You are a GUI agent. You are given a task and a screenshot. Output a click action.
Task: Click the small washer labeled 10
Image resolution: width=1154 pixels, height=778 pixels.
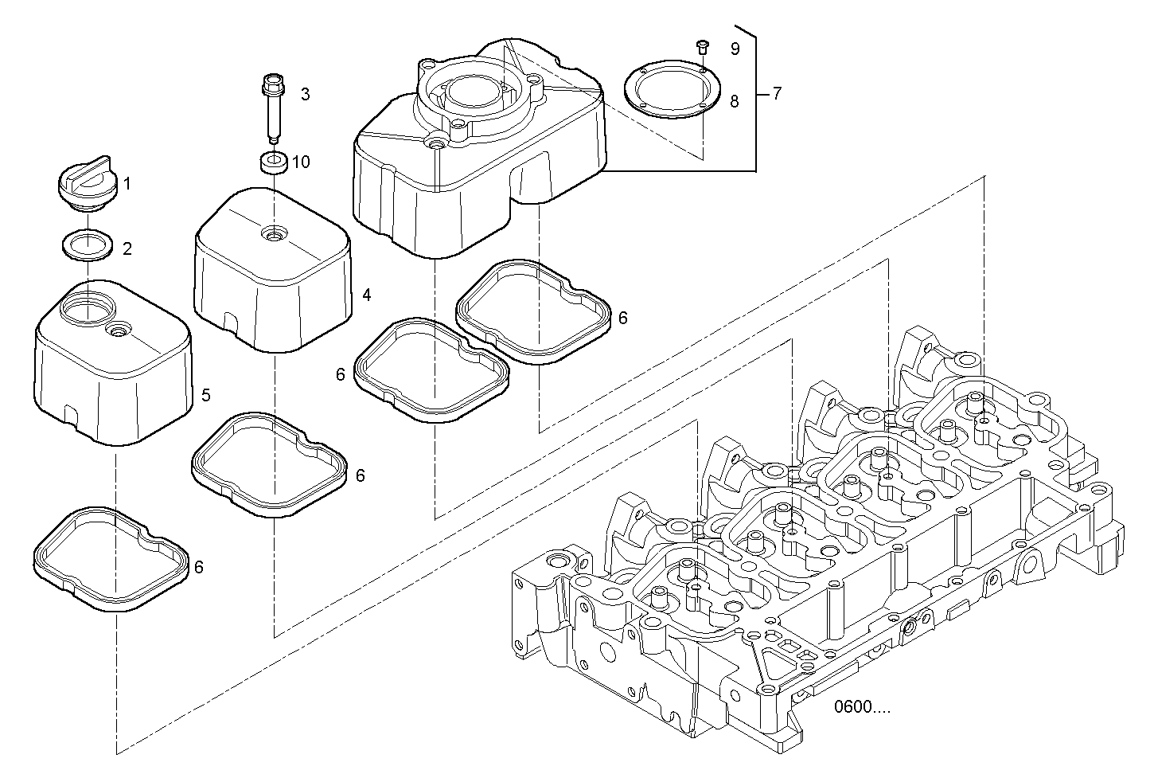point(274,162)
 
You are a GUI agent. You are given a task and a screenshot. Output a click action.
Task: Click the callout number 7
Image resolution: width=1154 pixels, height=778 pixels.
point(776,94)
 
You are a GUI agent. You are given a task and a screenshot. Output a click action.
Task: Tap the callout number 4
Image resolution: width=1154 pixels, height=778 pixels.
point(366,295)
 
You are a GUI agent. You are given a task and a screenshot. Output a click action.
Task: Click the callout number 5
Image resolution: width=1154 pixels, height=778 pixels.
point(205,395)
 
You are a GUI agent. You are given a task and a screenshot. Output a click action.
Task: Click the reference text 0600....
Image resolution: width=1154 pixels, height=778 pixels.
point(862,706)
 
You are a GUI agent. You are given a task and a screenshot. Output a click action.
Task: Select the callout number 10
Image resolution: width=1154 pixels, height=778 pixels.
point(301,162)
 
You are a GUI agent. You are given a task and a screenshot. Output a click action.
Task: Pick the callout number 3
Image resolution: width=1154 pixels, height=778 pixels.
point(305,95)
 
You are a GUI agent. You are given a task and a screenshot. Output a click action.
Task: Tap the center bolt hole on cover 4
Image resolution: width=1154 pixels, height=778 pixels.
point(275,235)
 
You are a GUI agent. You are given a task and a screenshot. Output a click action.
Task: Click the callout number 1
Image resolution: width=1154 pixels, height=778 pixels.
point(127,184)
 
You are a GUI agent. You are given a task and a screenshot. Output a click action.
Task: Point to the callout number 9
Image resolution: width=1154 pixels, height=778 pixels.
point(735,49)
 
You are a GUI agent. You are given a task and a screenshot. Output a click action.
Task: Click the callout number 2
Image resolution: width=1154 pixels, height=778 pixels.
point(127,249)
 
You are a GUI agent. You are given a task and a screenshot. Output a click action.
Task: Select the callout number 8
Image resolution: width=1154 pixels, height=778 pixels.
point(734,101)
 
